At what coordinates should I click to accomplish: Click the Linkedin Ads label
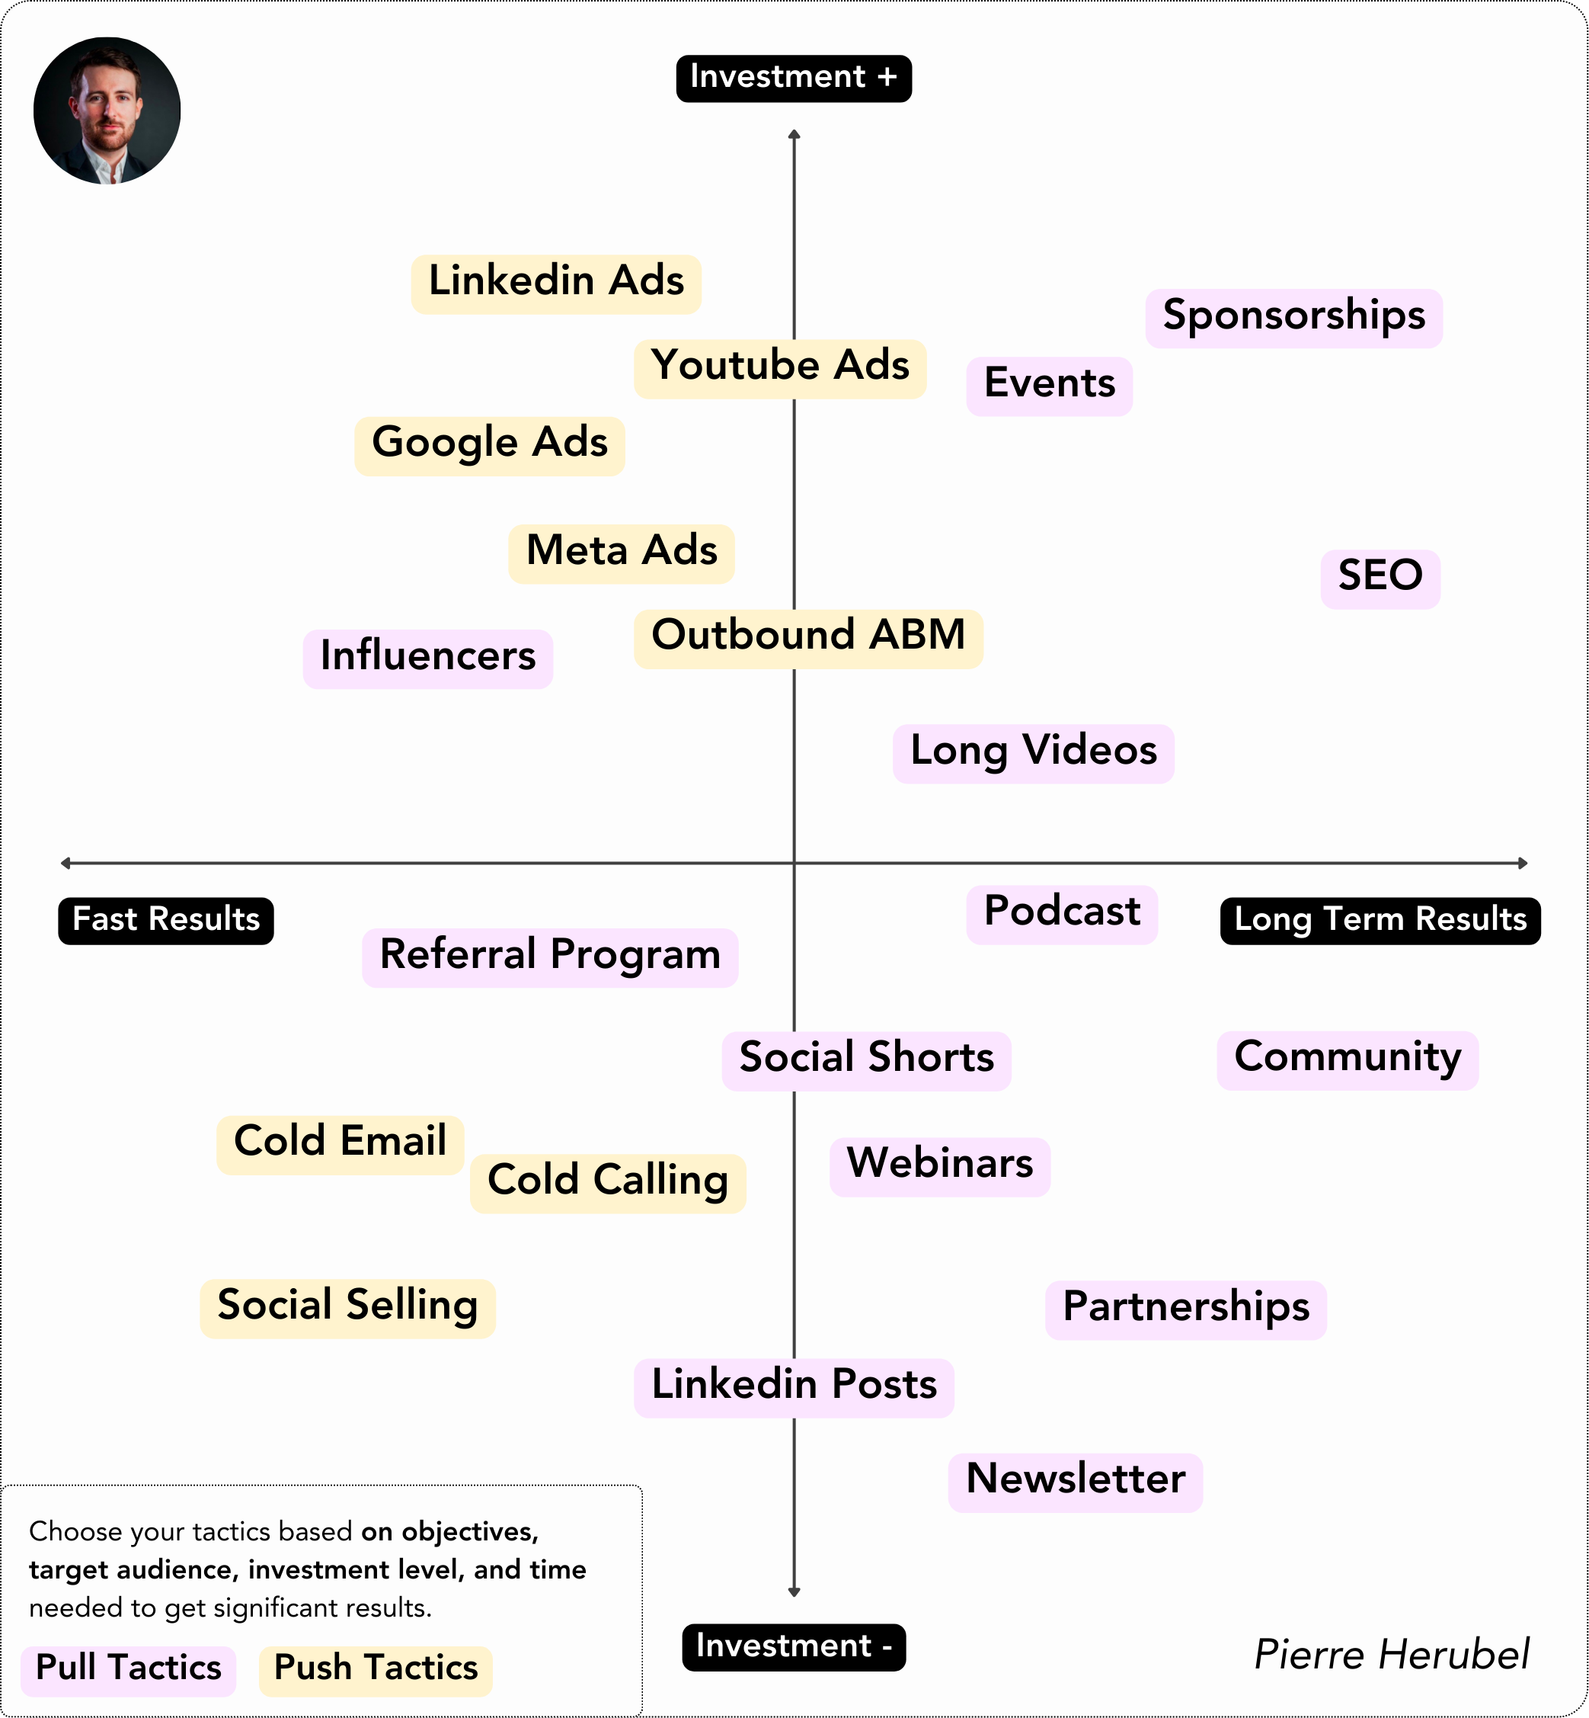[x=555, y=283]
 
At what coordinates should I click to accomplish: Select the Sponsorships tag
[x=1293, y=317]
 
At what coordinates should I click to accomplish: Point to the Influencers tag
[x=427, y=658]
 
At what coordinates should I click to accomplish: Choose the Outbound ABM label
[x=807, y=637]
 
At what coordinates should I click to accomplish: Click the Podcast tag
[x=1061, y=914]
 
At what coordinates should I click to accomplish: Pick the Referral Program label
[x=549, y=957]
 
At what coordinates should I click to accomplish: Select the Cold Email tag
[x=340, y=1143]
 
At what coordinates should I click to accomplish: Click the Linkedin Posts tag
[x=794, y=1386]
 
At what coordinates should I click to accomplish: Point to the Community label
[x=1347, y=1059]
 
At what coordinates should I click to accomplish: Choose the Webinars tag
[x=939, y=1165]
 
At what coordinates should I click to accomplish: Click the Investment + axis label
[x=793, y=79]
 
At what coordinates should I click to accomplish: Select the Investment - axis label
[x=793, y=1646]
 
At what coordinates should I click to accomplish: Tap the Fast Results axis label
[x=165, y=921]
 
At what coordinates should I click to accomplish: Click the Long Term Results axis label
[x=1380, y=921]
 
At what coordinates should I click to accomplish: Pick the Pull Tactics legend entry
[x=128, y=1670]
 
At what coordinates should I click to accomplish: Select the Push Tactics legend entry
[x=375, y=1670]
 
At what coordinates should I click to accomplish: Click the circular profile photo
[x=107, y=110]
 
